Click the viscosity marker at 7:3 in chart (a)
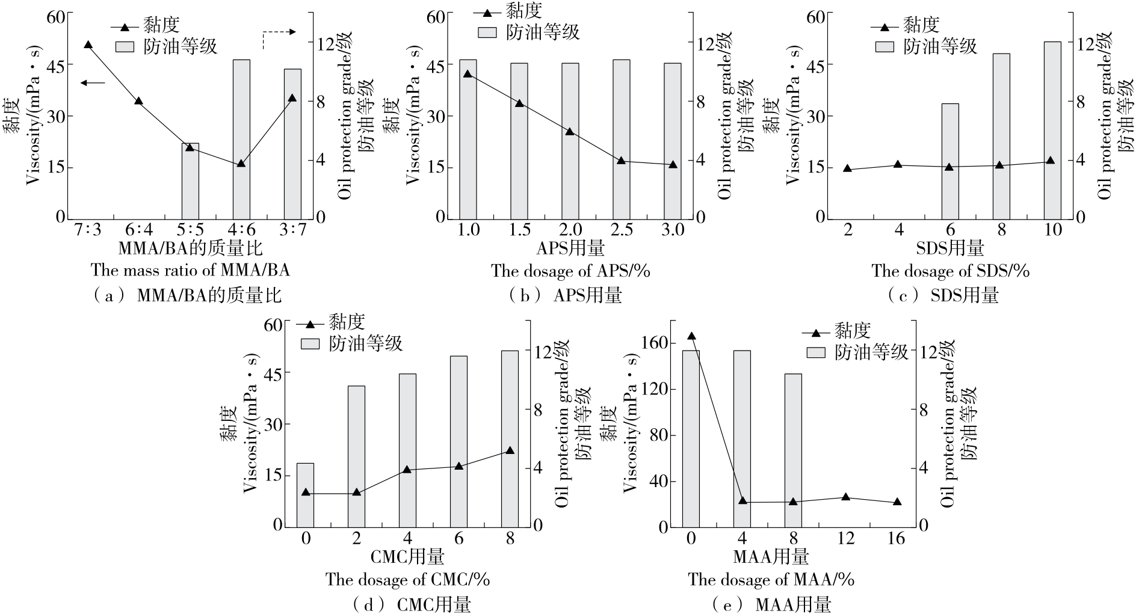tap(88, 45)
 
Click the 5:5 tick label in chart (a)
tap(190, 230)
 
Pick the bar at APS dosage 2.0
tap(570, 140)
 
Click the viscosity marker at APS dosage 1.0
tap(468, 74)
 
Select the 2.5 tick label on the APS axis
tap(622, 230)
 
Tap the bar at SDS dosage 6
tap(950, 160)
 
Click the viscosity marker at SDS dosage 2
tap(848, 168)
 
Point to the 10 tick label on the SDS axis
tap(1052, 230)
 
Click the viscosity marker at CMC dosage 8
tap(510, 450)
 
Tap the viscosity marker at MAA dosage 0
tap(691, 336)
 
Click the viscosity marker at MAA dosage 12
tap(845, 497)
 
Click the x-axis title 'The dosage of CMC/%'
tap(407, 580)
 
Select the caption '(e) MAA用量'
tap(771, 604)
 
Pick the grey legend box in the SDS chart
tap(884, 46)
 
